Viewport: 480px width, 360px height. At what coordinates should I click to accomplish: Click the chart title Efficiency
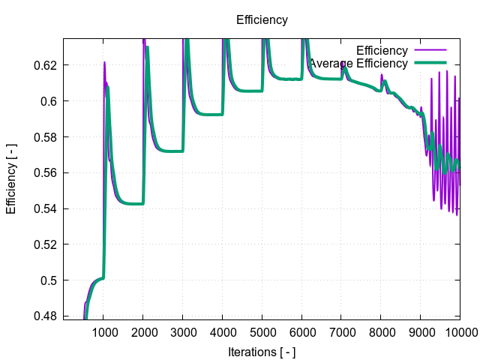click(262, 20)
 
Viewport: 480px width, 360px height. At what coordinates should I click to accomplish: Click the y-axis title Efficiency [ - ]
click(11, 178)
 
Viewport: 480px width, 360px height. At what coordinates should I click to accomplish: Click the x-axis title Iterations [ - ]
click(262, 351)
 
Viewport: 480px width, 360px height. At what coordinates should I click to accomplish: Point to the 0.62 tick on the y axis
click(45, 65)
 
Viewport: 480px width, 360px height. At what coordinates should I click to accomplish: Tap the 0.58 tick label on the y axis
click(45, 137)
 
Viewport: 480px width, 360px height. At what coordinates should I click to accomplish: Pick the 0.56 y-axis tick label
click(45, 172)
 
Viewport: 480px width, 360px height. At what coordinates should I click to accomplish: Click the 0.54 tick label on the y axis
click(45, 208)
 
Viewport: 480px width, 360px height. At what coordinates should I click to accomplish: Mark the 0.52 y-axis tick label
click(45, 244)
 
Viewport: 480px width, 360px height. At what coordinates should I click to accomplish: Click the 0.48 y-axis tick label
click(45, 316)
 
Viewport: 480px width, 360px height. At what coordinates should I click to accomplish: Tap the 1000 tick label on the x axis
click(103, 334)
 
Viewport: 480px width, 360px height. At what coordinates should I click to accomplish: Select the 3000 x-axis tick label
click(183, 334)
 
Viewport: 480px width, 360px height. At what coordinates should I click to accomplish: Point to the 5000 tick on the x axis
click(262, 334)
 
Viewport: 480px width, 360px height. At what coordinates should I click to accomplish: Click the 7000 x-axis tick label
click(341, 334)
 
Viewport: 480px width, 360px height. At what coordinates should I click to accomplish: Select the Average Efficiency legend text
click(358, 64)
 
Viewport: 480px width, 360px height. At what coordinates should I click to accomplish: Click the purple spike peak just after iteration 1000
click(104, 62)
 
